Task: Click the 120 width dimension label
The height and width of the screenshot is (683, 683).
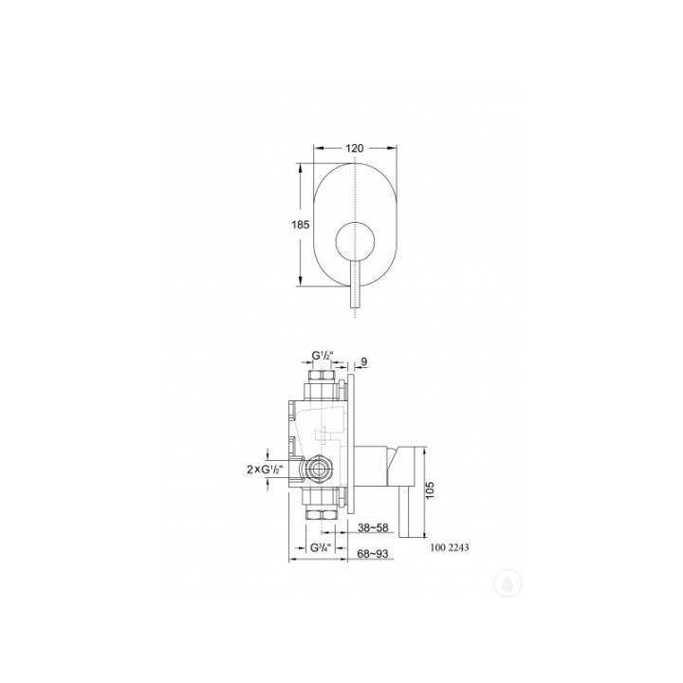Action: click(355, 148)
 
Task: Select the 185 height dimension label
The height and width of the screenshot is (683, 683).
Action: click(301, 224)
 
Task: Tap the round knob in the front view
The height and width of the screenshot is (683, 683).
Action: click(355, 243)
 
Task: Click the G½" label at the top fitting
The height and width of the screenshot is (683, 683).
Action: click(322, 357)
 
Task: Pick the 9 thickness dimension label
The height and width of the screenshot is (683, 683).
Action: click(364, 361)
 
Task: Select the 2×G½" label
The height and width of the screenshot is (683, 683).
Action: click(265, 470)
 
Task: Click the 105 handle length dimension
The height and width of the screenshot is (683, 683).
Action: click(431, 491)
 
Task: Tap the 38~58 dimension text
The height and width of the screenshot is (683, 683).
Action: click(373, 527)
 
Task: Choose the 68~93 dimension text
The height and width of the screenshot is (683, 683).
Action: click(373, 554)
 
